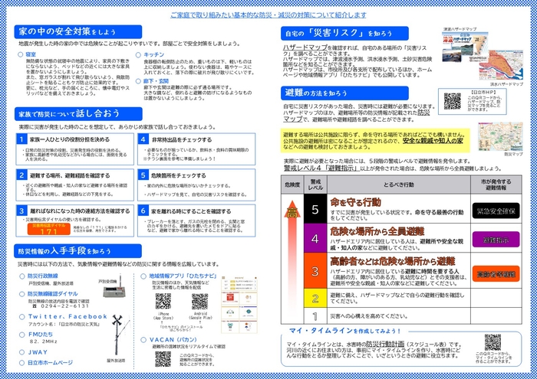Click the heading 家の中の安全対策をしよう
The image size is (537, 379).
[x=68, y=31]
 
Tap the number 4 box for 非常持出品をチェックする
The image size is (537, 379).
[x=144, y=140]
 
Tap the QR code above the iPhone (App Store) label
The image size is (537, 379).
[x=163, y=300]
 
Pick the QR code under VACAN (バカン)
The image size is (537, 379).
[x=163, y=358]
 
